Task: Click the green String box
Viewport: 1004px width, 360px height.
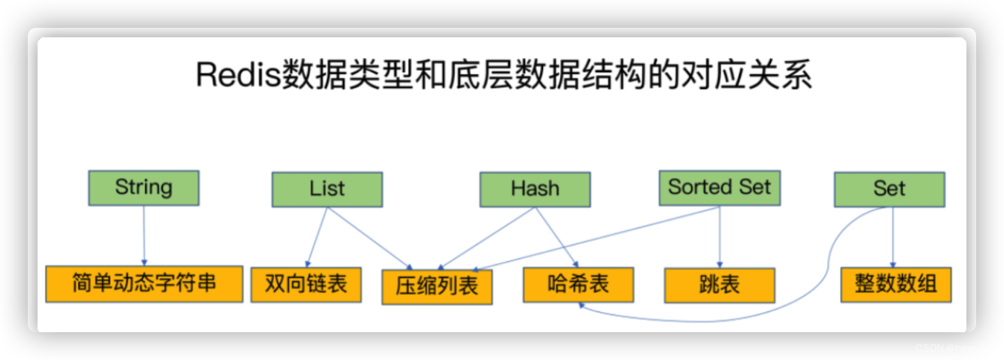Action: [144, 188]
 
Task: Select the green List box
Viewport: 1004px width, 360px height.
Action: [327, 189]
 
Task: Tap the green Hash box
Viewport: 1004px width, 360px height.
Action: [535, 189]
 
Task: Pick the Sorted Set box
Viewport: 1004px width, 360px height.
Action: [720, 188]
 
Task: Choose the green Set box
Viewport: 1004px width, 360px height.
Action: [890, 189]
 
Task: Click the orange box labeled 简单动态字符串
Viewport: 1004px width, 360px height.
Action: [144, 284]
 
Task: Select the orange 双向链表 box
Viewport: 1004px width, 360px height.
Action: [306, 285]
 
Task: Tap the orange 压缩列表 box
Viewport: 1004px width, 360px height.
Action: [437, 287]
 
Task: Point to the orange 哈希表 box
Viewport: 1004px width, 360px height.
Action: [578, 285]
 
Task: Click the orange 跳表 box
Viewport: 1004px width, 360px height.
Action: [720, 286]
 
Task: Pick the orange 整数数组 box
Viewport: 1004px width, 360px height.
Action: [896, 285]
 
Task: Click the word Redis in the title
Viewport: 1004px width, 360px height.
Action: [238, 74]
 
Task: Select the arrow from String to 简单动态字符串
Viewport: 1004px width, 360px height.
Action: [144, 236]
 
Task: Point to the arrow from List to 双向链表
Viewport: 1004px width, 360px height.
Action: [317, 237]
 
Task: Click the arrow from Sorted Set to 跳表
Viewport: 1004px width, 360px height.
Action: [720, 237]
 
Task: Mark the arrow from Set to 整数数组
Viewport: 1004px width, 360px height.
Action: [893, 237]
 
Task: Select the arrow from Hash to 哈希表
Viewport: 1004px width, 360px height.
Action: [557, 237]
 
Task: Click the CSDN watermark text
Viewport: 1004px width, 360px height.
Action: [932, 348]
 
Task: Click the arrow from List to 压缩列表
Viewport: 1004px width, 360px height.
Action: [370, 238]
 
